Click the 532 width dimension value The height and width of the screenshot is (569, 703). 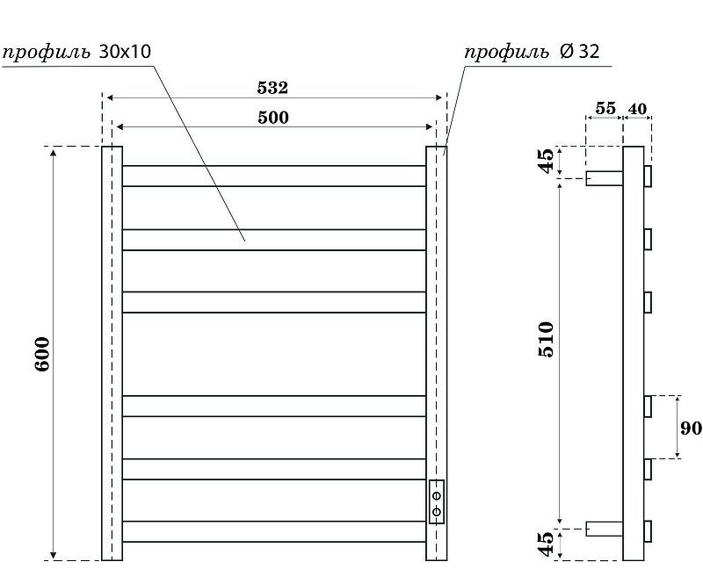tap(272, 88)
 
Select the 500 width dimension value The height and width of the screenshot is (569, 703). tap(273, 117)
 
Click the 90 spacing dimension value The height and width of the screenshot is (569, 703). tap(691, 428)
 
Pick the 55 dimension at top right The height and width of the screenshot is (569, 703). tap(605, 108)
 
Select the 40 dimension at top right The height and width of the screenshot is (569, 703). tap(637, 108)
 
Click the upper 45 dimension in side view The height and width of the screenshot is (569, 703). tap(546, 162)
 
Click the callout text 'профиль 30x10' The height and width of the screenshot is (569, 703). tap(76, 51)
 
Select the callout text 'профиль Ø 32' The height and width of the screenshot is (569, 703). tap(532, 51)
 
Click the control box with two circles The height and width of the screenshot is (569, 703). tap(436, 501)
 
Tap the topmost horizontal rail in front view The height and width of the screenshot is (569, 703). tap(273, 176)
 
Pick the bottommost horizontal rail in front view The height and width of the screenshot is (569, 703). tap(273, 532)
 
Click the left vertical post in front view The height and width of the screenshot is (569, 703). tap(112, 353)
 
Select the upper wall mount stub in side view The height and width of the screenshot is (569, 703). tap(605, 178)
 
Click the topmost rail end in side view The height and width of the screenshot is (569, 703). tap(648, 176)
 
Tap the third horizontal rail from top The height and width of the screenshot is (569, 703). tap(273, 301)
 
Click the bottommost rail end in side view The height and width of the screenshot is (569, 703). tap(648, 532)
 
